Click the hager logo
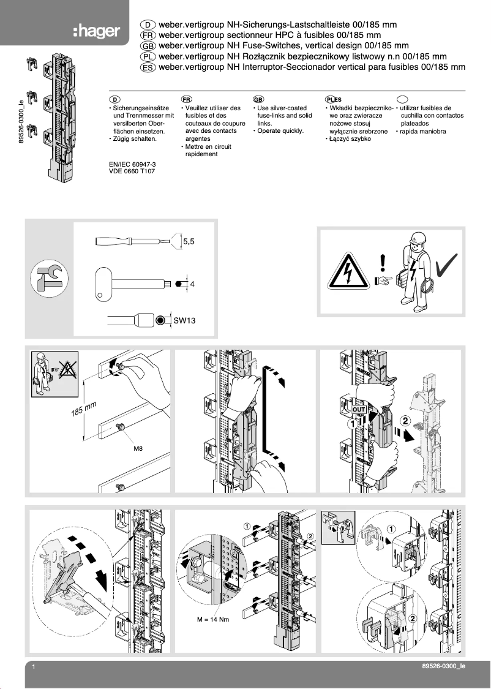[x=96, y=31]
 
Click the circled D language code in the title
[x=148, y=24]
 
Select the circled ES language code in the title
[x=148, y=68]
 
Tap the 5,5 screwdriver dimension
[x=189, y=242]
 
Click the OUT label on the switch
[x=359, y=409]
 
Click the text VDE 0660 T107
[x=132, y=173]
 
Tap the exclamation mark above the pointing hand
[x=383, y=262]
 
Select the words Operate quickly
[x=280, y=130]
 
